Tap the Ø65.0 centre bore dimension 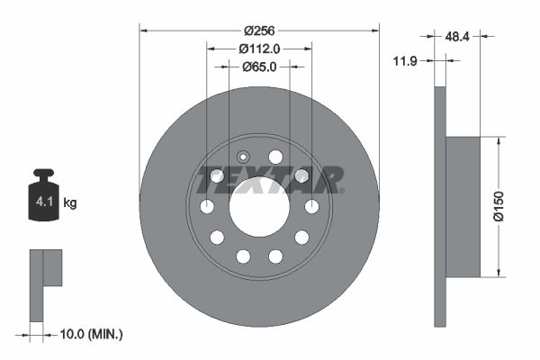(259, 67)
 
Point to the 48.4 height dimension (459, 36)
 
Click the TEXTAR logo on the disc (269, 179)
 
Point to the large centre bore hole (259, 207)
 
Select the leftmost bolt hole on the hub (207, 207)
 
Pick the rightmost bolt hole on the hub (312, 207)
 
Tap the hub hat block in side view (464, 207)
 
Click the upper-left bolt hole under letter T (217, 176)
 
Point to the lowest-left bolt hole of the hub (243, 256)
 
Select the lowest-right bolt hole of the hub (275, 256)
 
